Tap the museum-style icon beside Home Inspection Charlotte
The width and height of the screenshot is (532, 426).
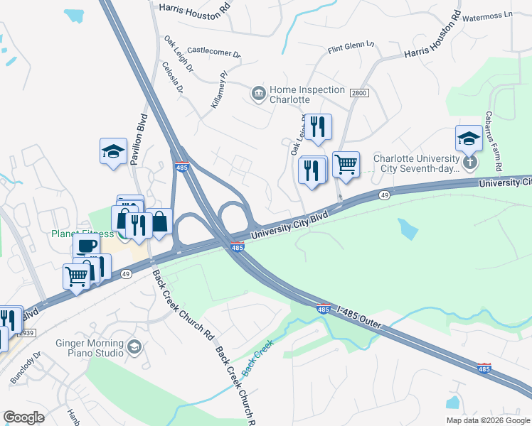[x=257, y=93]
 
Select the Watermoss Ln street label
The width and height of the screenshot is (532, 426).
[x=487, y=15]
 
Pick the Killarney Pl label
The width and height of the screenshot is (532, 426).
[x=218, y=89]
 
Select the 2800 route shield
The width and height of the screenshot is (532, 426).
[x=359, y=93]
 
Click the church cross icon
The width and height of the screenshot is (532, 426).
[x=469, y=163]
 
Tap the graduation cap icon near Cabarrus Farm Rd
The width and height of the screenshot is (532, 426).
[x=469, y=139]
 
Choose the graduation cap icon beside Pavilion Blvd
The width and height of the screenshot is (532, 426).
[x=113, y=151]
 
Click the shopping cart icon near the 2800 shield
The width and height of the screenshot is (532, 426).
[x=346, y=164]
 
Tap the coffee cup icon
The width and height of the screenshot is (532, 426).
[x=86, y=246]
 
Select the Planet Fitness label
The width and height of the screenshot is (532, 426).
[x=82, y=234]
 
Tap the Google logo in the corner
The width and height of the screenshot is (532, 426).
[x=24, y=417]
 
